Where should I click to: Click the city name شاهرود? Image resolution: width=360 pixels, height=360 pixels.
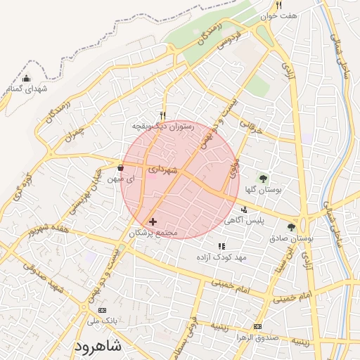(x=96, y=347)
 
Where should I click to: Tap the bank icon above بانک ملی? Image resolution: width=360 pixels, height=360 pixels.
(x=103, y=310)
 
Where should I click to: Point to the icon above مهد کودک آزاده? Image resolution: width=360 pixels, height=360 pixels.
(x=221, y=247)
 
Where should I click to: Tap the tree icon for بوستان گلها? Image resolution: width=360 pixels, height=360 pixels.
(x=263, y=179)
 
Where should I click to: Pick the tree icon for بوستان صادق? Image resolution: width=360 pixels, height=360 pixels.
(x=291, y=226)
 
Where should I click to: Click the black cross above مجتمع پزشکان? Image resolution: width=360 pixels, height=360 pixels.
(x=153, y=221)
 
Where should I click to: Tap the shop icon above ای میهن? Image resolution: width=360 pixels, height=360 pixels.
(x=120, y=168)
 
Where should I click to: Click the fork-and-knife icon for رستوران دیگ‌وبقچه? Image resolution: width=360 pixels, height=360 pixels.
(x=163, y=115)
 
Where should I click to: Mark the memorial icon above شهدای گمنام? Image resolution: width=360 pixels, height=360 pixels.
(x=27, y=79)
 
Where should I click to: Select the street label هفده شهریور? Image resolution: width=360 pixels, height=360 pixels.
(x=45, y=229)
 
